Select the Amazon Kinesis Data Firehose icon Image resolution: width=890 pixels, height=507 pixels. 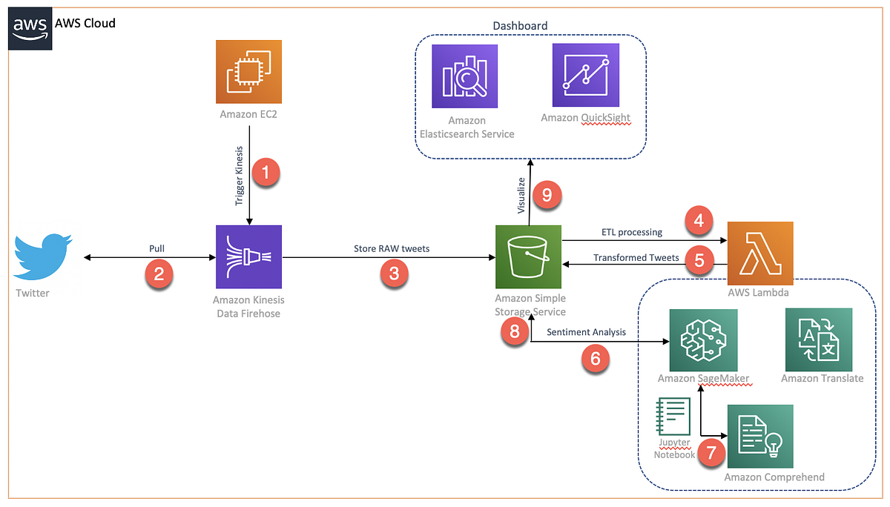pyautogui.click(x=248, y=256)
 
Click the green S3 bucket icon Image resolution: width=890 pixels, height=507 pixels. pyautogui.click(x=528, y=256)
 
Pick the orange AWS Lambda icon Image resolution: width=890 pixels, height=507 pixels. pyautogui.click(x=761, y=253)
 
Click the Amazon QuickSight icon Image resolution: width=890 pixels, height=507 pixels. pyautogui.click(x=585, y=75)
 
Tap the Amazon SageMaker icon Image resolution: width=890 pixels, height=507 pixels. pyautogui.click(x=702, y=340)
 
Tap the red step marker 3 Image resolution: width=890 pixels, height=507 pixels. pyautogui.click(x=394, y=274)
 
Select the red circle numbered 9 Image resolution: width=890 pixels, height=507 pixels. pyautogui.click(x=547, y=196)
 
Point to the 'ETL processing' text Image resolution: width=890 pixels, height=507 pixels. pyautogui.click(x=632, y=232)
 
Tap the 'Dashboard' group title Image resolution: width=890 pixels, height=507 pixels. pyautogui.click(x=520, y=26)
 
